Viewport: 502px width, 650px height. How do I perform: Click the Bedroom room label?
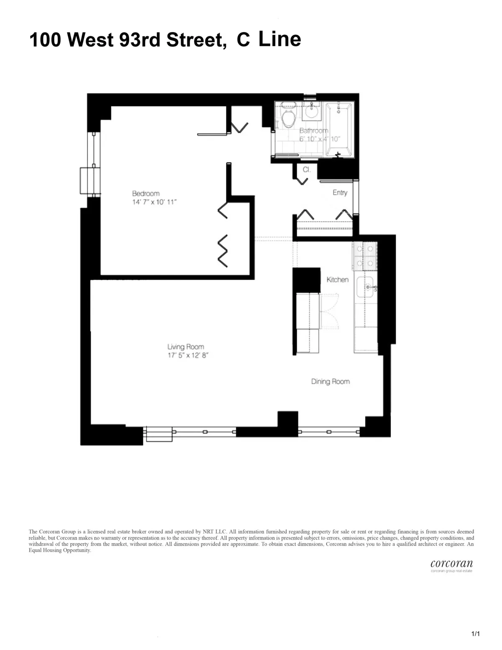[146, 193]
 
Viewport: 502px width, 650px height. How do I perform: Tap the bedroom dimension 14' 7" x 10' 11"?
[154, 202]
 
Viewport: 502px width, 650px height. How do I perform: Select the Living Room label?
[185, 347]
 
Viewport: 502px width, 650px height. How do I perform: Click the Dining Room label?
[330, 381]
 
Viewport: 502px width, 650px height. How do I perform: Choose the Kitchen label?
[337, 279]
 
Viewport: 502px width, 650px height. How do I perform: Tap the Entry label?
[340, 193]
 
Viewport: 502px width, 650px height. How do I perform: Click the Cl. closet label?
[306, 170]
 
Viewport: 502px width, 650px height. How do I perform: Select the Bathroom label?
[313, 131]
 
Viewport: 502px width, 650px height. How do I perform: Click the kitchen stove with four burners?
[364, 257]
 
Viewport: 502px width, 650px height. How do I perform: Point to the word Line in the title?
[279, 39]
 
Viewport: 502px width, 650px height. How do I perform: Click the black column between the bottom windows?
[287, 424]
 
